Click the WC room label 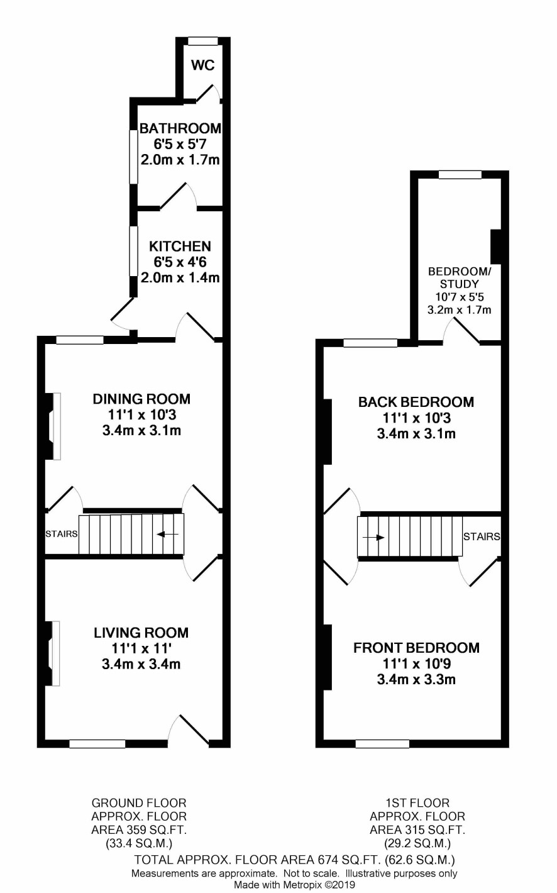pos(203,65)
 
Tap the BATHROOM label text pos(180,128)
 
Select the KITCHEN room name pos(180,247)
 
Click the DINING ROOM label pos(141,399)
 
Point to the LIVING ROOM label pos(141,633)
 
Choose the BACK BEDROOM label pos(416,402)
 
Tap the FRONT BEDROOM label pos(416,648)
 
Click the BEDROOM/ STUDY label pos(460,278)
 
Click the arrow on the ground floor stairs pos(168,534)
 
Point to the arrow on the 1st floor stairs pos(373,538)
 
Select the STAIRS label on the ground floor pos(62,534)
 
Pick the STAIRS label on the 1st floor pos(482,536)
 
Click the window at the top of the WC pos(203,41)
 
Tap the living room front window pos(97,744)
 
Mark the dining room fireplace pos(53,426)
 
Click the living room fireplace pos(52,653)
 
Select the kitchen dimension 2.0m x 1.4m pos(180,277)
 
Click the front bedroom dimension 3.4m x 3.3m pos(416,679)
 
